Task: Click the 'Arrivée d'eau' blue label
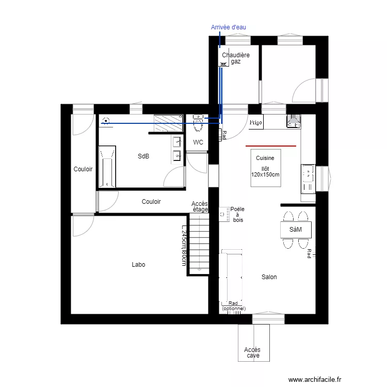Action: [228, 27]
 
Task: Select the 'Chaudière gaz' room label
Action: [235, 58]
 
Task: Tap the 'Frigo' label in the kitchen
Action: [256, 123]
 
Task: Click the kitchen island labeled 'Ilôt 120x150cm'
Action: [265, 168]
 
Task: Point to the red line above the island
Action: [271, 146]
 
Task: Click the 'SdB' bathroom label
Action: [143, 156]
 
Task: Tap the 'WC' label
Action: [198, 142]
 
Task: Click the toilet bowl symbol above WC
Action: [198, 124]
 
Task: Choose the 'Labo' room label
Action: [138, 265]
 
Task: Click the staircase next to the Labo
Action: [199, 244]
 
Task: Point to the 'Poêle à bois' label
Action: [237, 215]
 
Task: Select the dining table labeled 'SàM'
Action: [296, 229]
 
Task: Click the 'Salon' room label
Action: [269, 277]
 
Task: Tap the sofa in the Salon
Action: [231, 277]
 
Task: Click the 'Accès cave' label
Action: [252, 353]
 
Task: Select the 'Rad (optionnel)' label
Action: [234, 306]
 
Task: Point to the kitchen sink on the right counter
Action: [308, 174]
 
